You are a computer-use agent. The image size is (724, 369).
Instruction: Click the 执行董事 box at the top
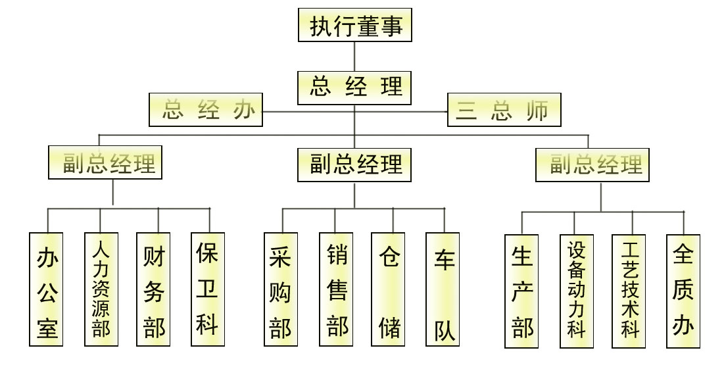(355, 25)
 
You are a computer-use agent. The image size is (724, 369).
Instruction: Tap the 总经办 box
(206, 109)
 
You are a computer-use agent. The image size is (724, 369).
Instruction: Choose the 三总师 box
(504, 111)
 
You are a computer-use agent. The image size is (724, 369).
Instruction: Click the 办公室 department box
(47, 289)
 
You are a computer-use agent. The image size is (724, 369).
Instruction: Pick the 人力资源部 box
(101, 289)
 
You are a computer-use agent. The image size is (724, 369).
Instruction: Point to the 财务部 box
(153, 289)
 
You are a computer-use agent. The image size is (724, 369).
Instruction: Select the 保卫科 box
(208, 289)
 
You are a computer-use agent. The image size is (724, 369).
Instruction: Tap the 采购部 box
(281, 289)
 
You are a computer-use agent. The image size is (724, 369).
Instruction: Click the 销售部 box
(336, 289)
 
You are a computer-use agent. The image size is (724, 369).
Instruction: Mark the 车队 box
(443, 289)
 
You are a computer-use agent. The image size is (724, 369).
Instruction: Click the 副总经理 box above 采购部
(355, 164)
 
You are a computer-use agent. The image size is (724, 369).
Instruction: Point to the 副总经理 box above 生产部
(592, 164)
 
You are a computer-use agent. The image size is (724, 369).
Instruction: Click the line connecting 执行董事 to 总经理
(355, 57)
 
